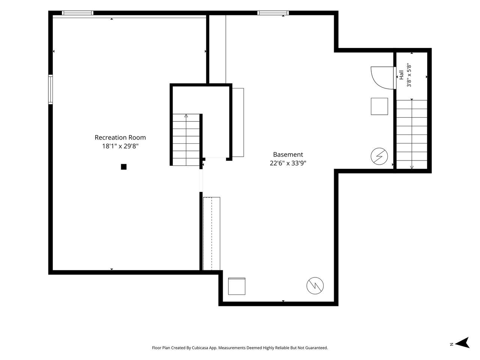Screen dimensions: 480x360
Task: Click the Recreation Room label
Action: pos(120,138)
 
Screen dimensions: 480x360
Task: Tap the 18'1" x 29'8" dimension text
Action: pos(120,146)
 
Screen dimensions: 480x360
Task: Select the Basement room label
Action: pos(288,154)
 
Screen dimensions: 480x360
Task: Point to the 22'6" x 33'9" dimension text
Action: pos(288,163)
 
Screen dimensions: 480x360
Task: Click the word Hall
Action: pos(401,75)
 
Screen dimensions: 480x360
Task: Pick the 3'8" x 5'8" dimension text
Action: pos(409,75)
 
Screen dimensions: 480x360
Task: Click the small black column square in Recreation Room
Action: pos(123,167)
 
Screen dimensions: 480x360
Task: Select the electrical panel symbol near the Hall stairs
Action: pos(379,156)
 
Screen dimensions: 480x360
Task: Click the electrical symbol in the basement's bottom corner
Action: pos(315,285)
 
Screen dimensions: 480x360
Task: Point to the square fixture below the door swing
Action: pos(379,106)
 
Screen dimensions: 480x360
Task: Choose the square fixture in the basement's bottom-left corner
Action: pos(237,286)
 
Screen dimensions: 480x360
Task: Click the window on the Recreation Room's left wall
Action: pos(51,89)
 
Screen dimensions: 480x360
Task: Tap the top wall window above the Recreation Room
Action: pos(78,13)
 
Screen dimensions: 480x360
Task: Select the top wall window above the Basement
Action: pos(273,13)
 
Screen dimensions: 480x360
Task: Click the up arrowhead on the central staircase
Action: pos(186,116)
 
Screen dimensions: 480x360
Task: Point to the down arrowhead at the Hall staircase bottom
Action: pos(412,167)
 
